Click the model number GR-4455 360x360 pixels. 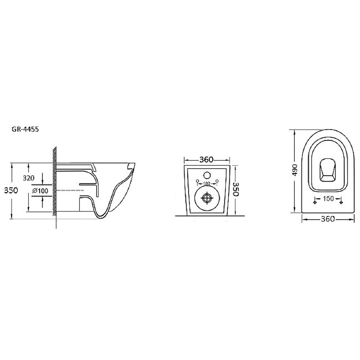[x=25, y=129]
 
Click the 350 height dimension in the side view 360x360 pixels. [x=11, y=190]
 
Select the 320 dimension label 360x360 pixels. [x=29, y=178]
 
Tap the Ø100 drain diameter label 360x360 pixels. [x=40, y=190]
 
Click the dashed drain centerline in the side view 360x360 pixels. [x=70, y=190]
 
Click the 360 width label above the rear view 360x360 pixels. [x=206, y=159]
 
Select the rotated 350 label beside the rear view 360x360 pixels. [x=236, y=189]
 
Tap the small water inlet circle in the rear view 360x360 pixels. [x=207, y=175]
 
